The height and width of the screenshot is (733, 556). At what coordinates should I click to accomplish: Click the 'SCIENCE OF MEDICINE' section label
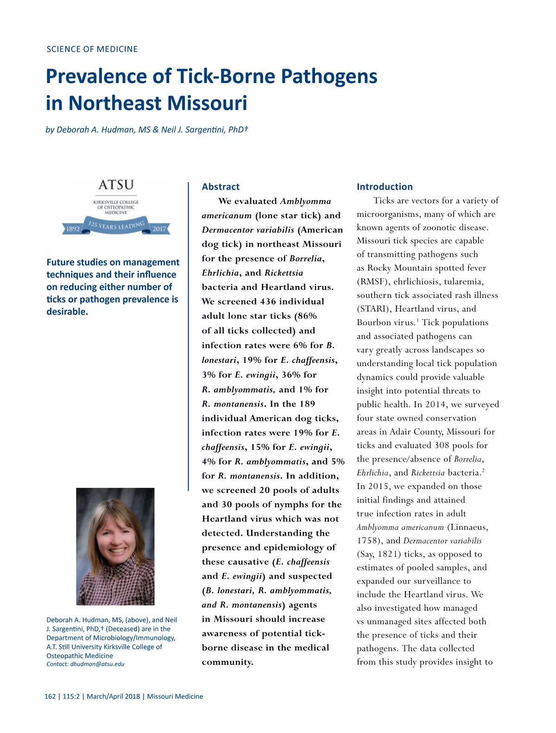click(92, 49)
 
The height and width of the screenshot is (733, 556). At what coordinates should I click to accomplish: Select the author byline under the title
click(146, 130)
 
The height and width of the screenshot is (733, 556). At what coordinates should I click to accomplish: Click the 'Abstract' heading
click(221, 187)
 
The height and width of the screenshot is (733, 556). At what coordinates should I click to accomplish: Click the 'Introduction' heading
click(385, 187)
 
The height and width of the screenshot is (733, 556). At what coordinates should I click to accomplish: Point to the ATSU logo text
click(116, 185)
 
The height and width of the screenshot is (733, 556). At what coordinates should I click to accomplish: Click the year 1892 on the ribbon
click(73, 229)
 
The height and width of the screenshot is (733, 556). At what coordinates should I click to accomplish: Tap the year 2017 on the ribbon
click(159, 229)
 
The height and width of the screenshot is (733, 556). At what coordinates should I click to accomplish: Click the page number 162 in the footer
click(50, 696)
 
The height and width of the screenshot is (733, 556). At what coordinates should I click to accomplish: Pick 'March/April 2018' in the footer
click(113, 696)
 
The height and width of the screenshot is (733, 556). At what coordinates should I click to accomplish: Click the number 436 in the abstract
click(268, 302)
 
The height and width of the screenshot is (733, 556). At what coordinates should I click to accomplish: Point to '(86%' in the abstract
click(305, 316)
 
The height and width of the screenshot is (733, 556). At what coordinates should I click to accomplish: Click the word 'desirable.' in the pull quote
click(67, 312)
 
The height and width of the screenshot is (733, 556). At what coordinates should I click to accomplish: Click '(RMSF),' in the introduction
click(373, 282)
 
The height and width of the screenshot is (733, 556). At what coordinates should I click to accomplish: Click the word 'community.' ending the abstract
click(227, 662)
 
